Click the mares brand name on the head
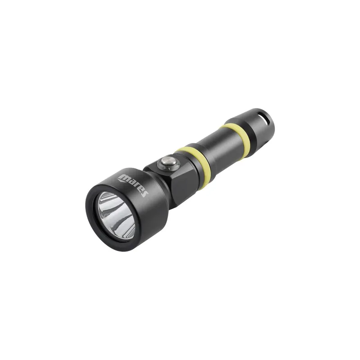[133, 184]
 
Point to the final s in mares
[144, 193]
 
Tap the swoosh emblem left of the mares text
[121, 180]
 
